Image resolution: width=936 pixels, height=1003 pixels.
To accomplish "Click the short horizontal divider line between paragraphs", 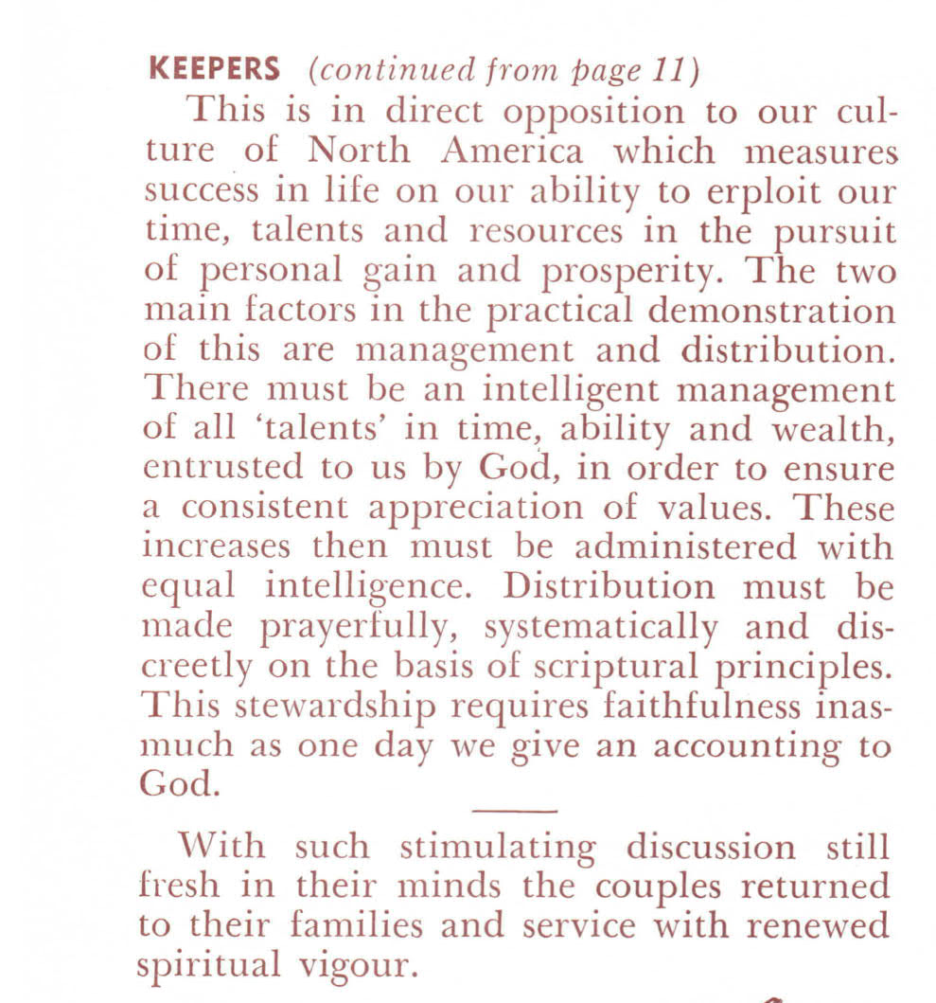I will [x=514, y=811].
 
